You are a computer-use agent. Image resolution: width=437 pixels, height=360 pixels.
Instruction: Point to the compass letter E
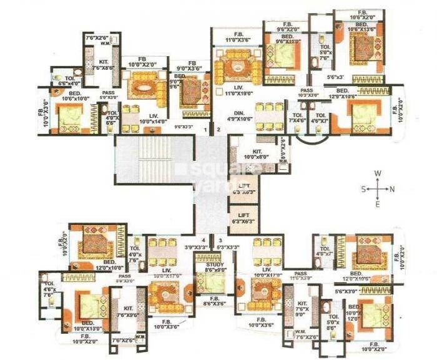[x=378, y=203]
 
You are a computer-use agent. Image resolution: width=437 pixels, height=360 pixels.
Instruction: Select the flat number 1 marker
[x=207, y=130]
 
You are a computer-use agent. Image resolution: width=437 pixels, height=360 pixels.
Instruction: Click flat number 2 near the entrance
[x=219, y=130]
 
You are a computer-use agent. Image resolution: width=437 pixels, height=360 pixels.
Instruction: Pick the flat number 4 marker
[x=203, y=240]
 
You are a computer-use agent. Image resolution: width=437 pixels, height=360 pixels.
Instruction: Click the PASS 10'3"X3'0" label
[x=306, y=94]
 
